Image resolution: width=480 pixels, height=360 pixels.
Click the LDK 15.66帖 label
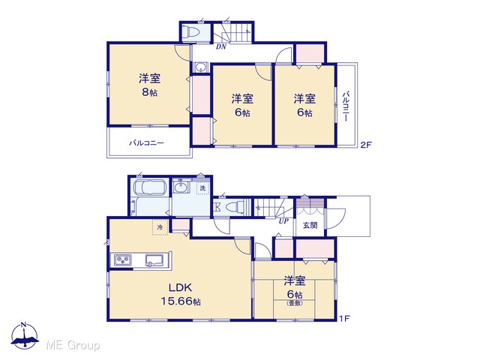[181, 295]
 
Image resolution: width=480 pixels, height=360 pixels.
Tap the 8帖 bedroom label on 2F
[149, 85]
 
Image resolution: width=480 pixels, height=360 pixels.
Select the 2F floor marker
[365, 145]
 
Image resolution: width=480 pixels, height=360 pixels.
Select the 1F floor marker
[344, 319]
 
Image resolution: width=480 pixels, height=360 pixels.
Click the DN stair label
[221, 46]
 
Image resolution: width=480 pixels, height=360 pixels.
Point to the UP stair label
[283, 220]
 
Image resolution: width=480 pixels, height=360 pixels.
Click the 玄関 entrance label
[310, 226]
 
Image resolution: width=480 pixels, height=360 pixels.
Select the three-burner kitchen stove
[123, 260]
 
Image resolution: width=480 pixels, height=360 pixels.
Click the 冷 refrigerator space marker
[160, 227]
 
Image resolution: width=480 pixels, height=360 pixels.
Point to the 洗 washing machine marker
[202, 187]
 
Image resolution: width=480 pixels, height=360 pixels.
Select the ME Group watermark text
[73, 346]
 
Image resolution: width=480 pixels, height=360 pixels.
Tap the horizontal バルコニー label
[146, 143]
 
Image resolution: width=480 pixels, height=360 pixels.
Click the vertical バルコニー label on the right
[346, 106]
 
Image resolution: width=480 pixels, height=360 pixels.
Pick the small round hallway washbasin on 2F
[201, 67]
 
